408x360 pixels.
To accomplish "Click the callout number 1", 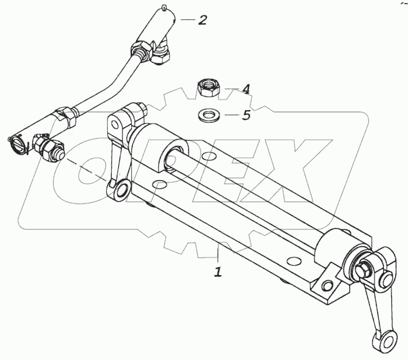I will [218, 271].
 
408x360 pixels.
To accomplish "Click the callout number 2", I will [202, 20].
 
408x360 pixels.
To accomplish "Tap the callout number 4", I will [246, 89].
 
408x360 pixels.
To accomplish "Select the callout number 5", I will [246, 115].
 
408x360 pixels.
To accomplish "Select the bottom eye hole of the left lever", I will [121, 190].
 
